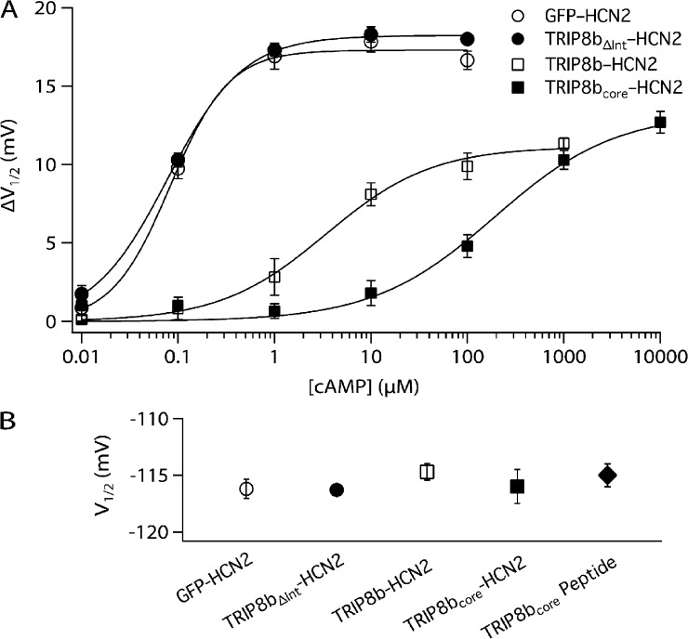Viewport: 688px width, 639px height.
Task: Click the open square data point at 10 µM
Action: click(371, 195)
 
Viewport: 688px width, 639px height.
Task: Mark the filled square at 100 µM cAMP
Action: click(468, 246)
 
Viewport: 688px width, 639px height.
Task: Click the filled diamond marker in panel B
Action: click(607, 476)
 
